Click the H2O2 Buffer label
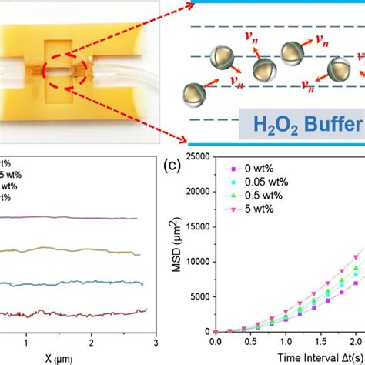tap(300, 123)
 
